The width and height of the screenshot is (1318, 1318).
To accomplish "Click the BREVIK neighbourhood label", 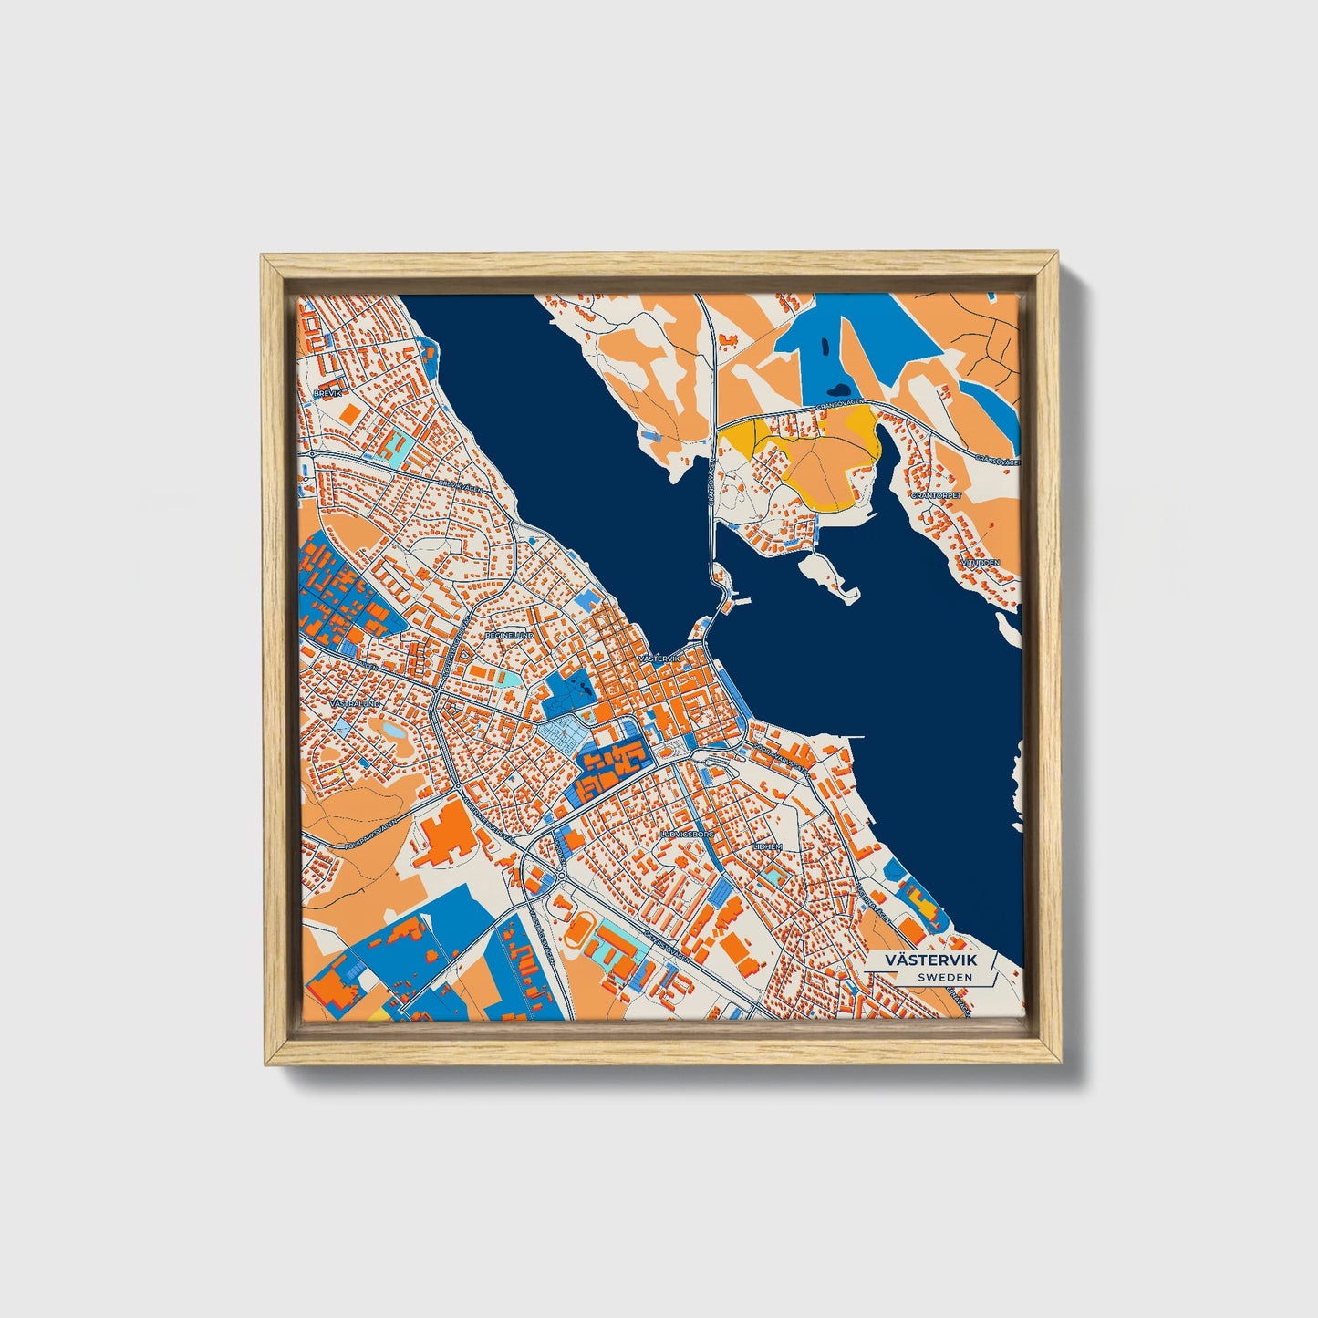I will pyautogui.click(x=327, y=393).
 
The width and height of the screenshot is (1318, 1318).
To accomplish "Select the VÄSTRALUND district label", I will pyautogui.click(x=354, y=704).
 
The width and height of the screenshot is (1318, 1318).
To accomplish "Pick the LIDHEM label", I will pyautogui.click(x=767, y=846).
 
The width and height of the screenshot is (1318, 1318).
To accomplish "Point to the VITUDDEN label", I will pyautogui.click(x=980, y=563).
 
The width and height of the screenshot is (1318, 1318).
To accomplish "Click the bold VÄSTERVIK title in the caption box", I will pyautogui.click(x=931, y=961).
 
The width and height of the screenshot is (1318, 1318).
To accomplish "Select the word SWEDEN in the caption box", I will pyautogui.click(x=945, y=978).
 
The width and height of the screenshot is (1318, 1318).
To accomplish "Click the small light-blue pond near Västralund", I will pyautogui.click(x=393, y=730).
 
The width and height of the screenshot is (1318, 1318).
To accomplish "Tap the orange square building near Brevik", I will pyautogui.click(x=349, y=412).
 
